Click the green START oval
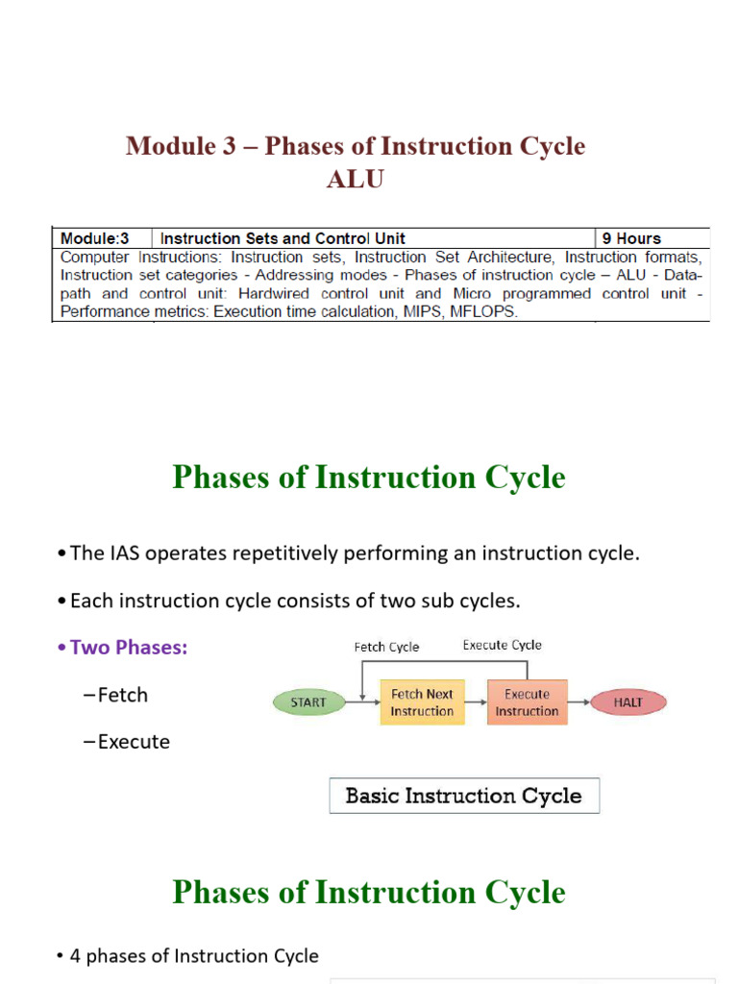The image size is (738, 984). click(308, 702)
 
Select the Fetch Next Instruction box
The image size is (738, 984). click(423, 702)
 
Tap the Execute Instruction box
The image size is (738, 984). click(528, 702)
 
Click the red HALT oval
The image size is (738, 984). click(628, 702)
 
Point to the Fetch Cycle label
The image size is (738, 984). click(386, 647)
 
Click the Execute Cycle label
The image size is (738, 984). click(502, 645)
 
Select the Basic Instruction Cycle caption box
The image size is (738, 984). click(464, 796)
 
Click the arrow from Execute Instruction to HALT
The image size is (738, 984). click(579, 702)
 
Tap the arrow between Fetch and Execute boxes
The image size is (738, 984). click(477, 702)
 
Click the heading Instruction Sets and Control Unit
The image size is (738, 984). click(283, 238)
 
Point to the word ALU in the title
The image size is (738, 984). click(356, 180)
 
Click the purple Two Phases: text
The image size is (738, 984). click(129, 647)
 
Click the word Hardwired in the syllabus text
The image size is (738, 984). click(274, 294)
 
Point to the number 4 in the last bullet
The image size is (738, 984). click(75, 956)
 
